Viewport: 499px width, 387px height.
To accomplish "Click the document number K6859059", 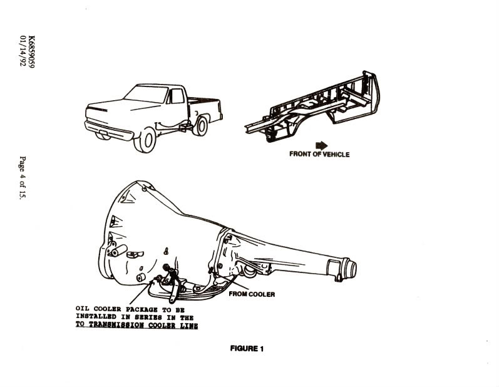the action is (x=32, y=51).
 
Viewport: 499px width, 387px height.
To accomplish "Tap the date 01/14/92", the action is (x=23, y=50).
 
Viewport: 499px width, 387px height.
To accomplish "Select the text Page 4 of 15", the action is (x=23, y=178).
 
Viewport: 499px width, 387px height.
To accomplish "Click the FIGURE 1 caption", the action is (x=247, y=349).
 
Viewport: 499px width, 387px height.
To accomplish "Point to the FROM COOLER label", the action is (x=252, y=294).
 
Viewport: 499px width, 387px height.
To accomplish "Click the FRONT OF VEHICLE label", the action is (x=319, y=154).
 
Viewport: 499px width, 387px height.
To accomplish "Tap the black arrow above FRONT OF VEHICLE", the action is (x=321, y=146).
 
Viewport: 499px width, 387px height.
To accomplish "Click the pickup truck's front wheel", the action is (x=146, y=140).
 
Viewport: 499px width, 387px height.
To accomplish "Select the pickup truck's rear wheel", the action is (x=201, y=126).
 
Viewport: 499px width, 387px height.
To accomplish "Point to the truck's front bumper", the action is (x=108, y=131).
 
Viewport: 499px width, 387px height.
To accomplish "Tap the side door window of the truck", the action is (x=177, y=96).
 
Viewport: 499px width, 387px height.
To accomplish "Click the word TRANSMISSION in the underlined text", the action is (x=118, y=325).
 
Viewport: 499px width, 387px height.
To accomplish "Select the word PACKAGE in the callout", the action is (x=141, y=309).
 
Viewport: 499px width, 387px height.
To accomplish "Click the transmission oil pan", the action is (x=188, y=289).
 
